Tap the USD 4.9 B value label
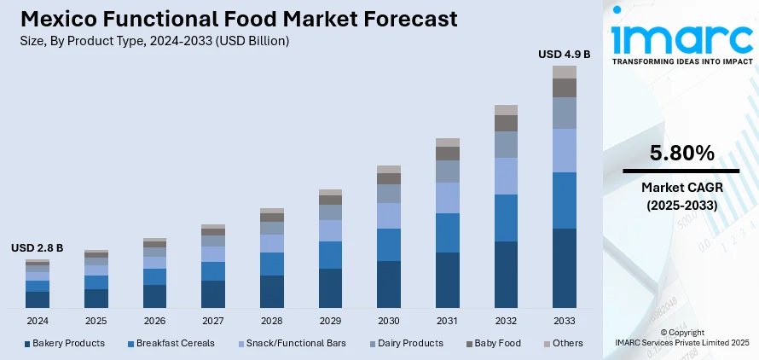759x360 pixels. coord(564,54)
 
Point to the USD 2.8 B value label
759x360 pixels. coord(38,248)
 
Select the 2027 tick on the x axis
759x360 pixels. coord(213,321)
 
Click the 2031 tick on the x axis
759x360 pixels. coord(448,321)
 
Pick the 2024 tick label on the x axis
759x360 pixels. coord(38,321)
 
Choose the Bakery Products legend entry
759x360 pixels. coord(65,343)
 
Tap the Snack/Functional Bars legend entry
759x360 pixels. coord(290,343)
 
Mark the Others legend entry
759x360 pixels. coord(563,343)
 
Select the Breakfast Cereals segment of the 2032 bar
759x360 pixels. coord(507,218)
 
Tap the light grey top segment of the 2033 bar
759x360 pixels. coord(565,72)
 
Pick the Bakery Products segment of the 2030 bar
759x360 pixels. coord(389,283)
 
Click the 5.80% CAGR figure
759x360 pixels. coord(681,154)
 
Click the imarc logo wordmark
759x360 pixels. coord(681,38)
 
